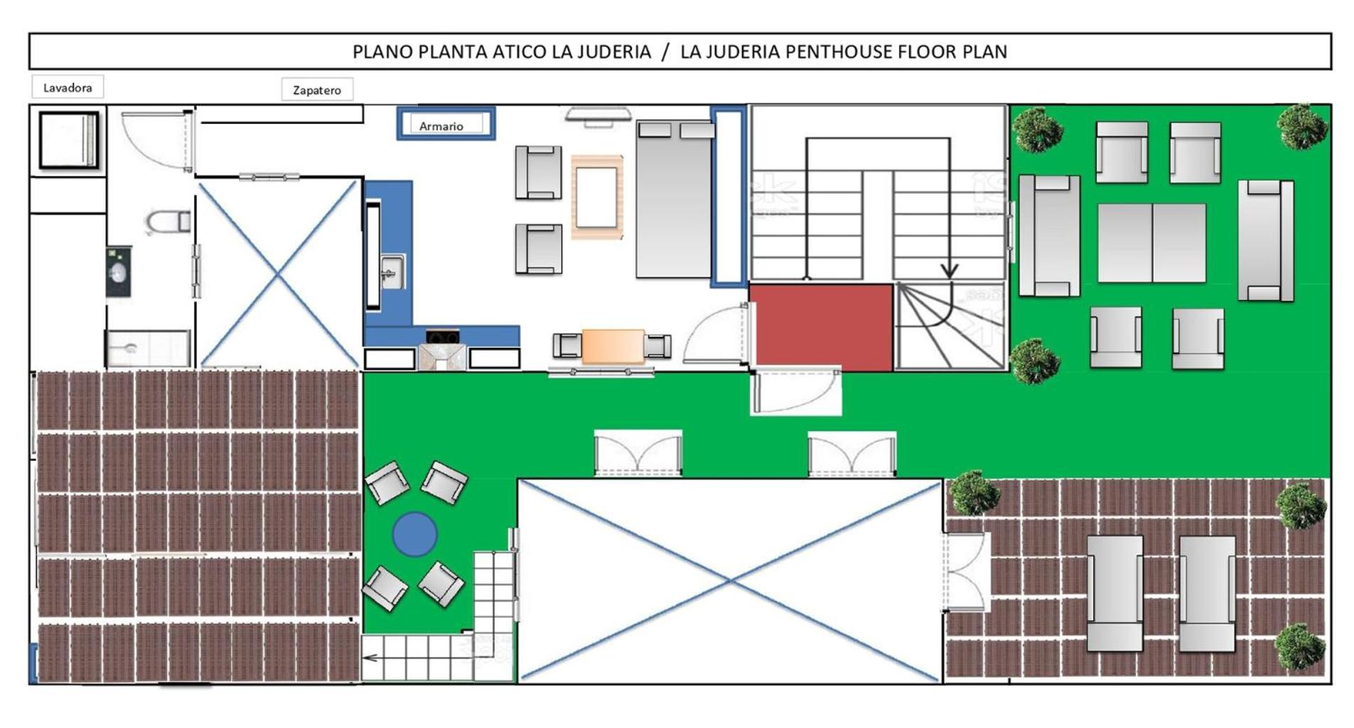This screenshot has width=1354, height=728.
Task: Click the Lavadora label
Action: [68, 87]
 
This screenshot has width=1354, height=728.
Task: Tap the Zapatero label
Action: [317, 90]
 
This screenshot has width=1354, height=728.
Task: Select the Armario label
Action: [441, 126]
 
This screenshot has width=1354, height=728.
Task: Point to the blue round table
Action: [414, 533]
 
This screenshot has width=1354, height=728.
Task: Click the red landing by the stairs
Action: [821, 327]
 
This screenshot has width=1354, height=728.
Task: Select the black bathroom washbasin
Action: [119, 272]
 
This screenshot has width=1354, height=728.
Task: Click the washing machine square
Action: [68, 139]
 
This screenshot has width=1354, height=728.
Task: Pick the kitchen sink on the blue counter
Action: [391, 272]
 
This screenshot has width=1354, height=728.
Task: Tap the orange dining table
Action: [613, 346]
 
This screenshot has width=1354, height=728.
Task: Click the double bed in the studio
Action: [675, 199]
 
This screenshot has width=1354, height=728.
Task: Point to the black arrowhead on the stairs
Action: [950, 271]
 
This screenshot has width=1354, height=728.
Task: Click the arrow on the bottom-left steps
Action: [370, 658]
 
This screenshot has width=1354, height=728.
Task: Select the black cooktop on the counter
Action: [443, 336]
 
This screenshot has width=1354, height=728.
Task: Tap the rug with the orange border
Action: [596, 197]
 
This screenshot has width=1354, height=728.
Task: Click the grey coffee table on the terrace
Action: [1151, 243]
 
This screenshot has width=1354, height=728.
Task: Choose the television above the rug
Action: [598, 115]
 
